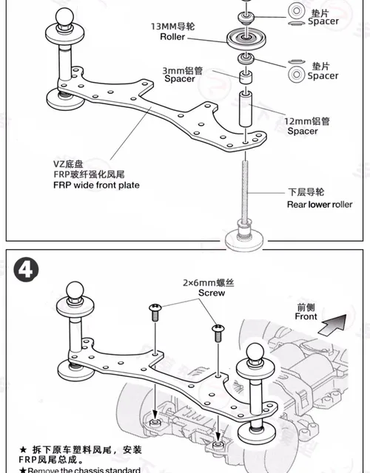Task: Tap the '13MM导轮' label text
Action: coord(172,26)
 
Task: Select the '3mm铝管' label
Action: coord(182,70)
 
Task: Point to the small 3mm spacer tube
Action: coord(245,77)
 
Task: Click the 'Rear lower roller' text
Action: coord(320,204)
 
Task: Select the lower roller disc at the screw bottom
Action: coord(245,235)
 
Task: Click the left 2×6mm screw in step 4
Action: coord(155,312)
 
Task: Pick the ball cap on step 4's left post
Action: coord(74,290)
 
